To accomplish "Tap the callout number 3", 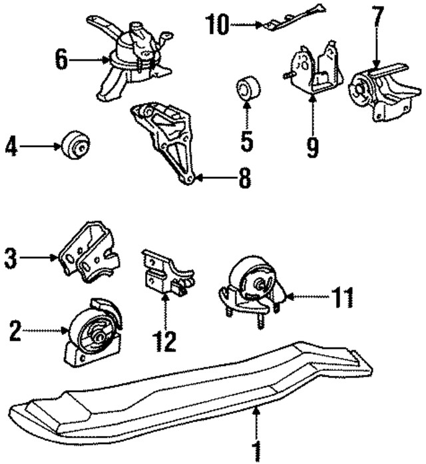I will coord(11,258).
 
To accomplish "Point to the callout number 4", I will coord(11,146).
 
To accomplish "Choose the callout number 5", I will coord(246,140).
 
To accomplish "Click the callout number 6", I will coord(62,61).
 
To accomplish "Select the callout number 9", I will coord(312,146).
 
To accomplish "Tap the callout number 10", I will coord(217,26).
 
